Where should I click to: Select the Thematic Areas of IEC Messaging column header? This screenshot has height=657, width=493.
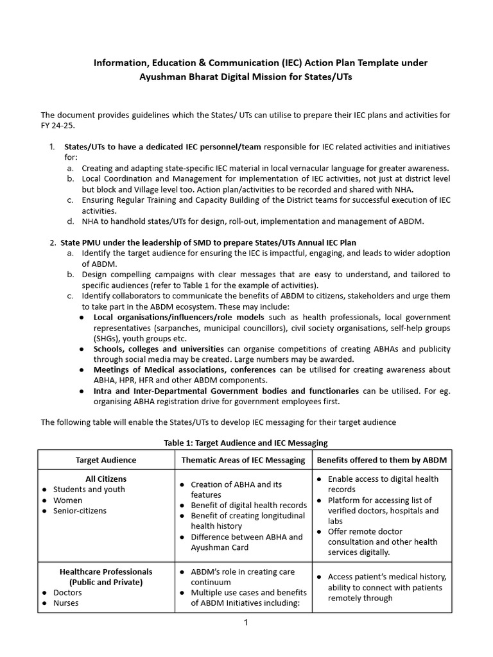[243, 460]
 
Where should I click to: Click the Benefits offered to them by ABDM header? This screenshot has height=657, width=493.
[382, 460]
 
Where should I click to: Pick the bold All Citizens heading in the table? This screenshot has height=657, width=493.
[106, 479]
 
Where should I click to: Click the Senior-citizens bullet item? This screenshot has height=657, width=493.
[80, 511]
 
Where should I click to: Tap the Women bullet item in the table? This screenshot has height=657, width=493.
[67, 500]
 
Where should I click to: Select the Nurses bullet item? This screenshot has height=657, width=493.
[66, 603]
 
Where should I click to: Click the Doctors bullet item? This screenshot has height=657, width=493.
[67, 592]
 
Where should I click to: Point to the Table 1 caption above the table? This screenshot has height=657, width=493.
[246, 443]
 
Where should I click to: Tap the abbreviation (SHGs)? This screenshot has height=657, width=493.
[108, 338]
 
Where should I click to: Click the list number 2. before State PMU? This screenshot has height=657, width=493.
[53, 243]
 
